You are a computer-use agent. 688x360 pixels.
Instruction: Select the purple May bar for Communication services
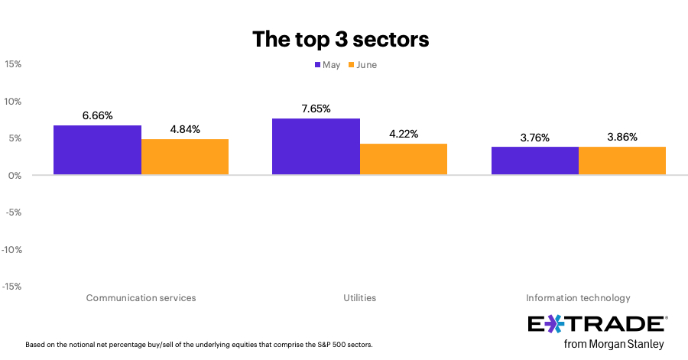click(97, 150)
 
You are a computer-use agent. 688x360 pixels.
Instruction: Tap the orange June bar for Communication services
click(185, 157)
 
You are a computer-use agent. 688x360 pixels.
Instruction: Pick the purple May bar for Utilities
click(316, 147)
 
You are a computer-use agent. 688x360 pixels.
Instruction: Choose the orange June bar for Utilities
click(404, 159)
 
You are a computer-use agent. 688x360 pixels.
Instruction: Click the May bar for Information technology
click(534, 161)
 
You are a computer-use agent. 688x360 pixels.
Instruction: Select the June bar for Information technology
click(622, 161)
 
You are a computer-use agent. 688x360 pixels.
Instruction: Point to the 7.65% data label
click(316, 109)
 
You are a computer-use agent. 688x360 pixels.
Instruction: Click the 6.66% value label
click(97, 115)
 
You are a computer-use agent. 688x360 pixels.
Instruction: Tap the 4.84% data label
click(185, 129)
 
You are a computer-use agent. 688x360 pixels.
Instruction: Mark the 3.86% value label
click(622, 137)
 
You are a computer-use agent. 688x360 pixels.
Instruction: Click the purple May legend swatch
click(317, 65)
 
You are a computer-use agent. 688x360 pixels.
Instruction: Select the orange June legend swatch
click(352, 65)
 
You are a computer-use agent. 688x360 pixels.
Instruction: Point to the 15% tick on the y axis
click(12, 64)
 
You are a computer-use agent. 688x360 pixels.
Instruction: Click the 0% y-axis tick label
click(15, 175)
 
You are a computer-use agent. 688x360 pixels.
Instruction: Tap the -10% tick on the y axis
click(11, 249)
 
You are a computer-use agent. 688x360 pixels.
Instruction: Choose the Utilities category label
click(359, 297)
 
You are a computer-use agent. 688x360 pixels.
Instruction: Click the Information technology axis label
click(578, 297)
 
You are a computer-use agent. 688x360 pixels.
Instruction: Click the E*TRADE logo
click(597, 324)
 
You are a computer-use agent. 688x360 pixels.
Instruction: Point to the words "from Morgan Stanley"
click(614, 344)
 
